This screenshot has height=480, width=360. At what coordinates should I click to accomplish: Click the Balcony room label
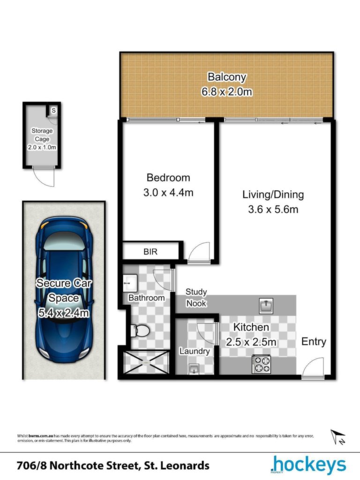click(x=227, y=77)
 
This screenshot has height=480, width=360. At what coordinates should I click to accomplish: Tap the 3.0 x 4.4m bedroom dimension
click(x=168, y=193)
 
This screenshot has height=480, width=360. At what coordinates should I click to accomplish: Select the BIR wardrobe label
click(x=150, y=252)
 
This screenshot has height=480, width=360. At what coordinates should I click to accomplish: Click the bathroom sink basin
click(x=130, y=283)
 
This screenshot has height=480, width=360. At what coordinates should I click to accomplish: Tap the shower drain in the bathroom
click(x=146, y=363)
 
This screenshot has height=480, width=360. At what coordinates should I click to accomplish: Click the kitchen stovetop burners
click(x=261, y=364)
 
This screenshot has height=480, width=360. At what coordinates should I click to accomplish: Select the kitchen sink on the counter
click(x=266, y=306)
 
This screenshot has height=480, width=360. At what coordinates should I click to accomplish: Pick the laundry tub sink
click(x=194, y=369)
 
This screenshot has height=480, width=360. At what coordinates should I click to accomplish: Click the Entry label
click(x=314, y=341)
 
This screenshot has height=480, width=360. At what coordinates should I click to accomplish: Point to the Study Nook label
click(x=196, y=298)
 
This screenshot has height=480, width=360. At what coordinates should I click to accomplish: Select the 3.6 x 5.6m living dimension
click(x=273, y=210)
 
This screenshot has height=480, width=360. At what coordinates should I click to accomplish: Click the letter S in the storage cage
click(x=53, y=110)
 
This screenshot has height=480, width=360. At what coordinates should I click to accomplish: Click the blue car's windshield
click(x=64, y=240)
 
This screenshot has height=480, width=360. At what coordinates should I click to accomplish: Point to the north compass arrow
click(x=337, y=436)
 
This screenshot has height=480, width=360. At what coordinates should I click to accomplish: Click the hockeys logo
click(x=308, y=465)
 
